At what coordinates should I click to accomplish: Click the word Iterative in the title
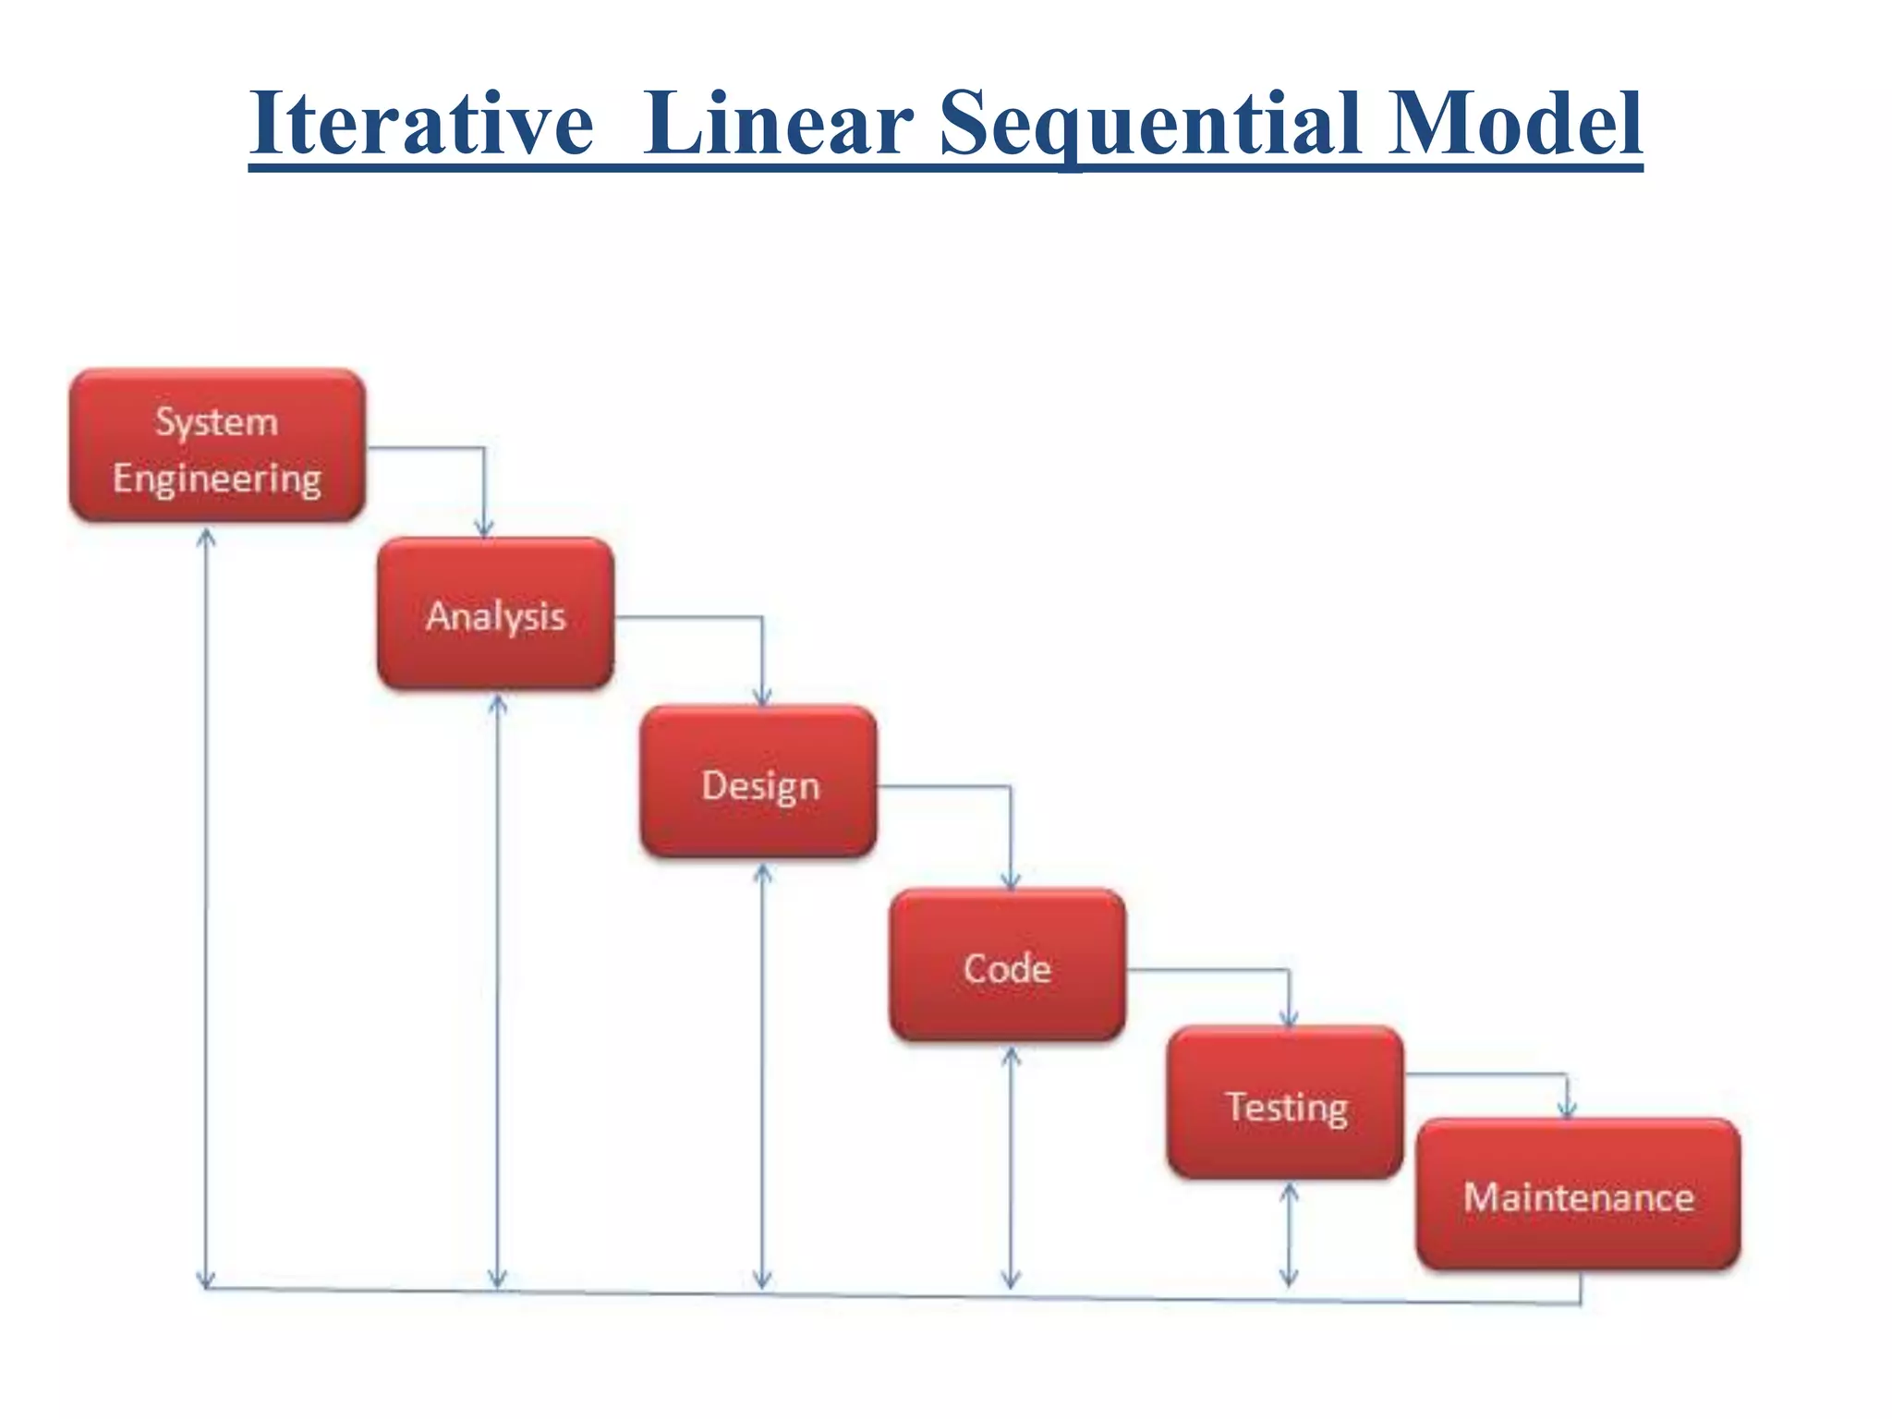click(420, 125)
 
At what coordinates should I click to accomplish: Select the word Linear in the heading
click(778, 125)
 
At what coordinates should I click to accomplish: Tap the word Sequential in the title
click(1150, 125)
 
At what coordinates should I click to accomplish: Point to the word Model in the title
click(1515, 125)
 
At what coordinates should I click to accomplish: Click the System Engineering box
click(217, 446)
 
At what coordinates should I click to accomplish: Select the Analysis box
click(495, 614)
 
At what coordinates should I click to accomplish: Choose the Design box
click(758, 782)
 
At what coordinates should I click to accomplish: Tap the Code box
click(1007, 966)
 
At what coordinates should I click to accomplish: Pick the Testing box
click(1285, 1104)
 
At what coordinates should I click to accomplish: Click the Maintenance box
click(1578, 1195)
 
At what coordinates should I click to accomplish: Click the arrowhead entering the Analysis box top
click(484, 528)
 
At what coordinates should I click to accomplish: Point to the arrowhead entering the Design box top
click(762, 697)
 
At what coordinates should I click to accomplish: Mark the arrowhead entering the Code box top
click(1011, 881)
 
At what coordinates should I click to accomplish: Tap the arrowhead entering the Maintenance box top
click(1567, 1110)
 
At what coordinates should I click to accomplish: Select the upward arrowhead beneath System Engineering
click(207, 538)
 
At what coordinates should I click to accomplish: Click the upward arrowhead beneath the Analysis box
click(498, 705)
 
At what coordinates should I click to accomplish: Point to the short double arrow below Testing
click(1289, 1235)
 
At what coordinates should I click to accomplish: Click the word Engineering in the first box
click(217, 479)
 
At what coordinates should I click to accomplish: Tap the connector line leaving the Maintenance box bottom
click(1581, 1289)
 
